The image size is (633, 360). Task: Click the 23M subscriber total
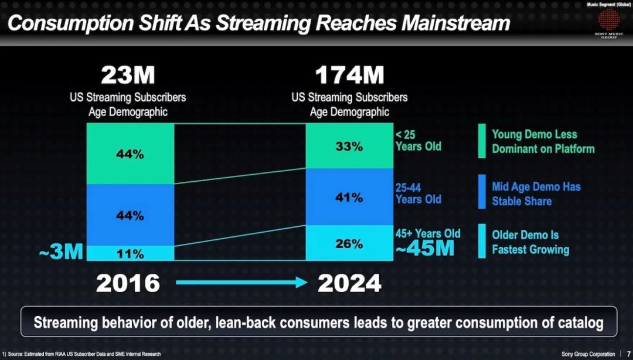[128, 75]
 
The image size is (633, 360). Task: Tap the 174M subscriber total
[349, 75]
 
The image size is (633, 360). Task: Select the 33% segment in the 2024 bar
[349, 146]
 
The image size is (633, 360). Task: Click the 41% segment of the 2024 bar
[349, 197]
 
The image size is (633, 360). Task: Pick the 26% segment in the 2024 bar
[349, 243]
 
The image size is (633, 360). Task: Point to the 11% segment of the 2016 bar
[130, 253]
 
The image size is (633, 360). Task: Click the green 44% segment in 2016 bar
[130, 154]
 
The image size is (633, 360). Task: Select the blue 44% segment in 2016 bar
[130, 215]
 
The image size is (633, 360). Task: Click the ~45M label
[425, 249]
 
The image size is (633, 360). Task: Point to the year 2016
[128, 283]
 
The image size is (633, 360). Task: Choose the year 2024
[349, 283]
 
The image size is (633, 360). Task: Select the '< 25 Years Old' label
[418, 140]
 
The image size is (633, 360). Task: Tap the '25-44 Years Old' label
[418, 193]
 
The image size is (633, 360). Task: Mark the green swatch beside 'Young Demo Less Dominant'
[482, 141]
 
